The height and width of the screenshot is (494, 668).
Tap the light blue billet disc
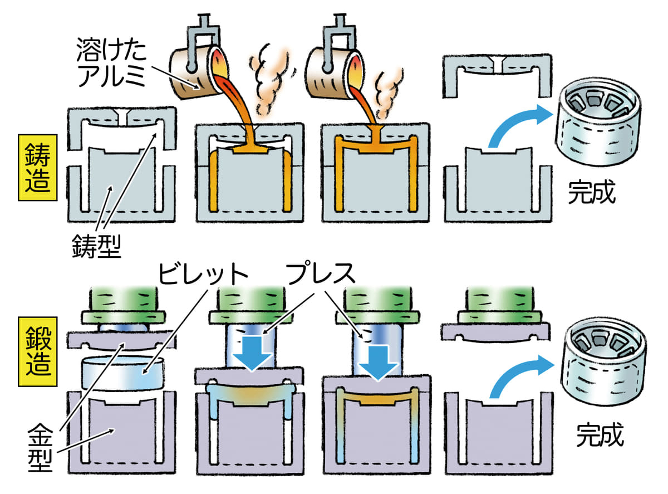pyautogui.click(x=122, y=374)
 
